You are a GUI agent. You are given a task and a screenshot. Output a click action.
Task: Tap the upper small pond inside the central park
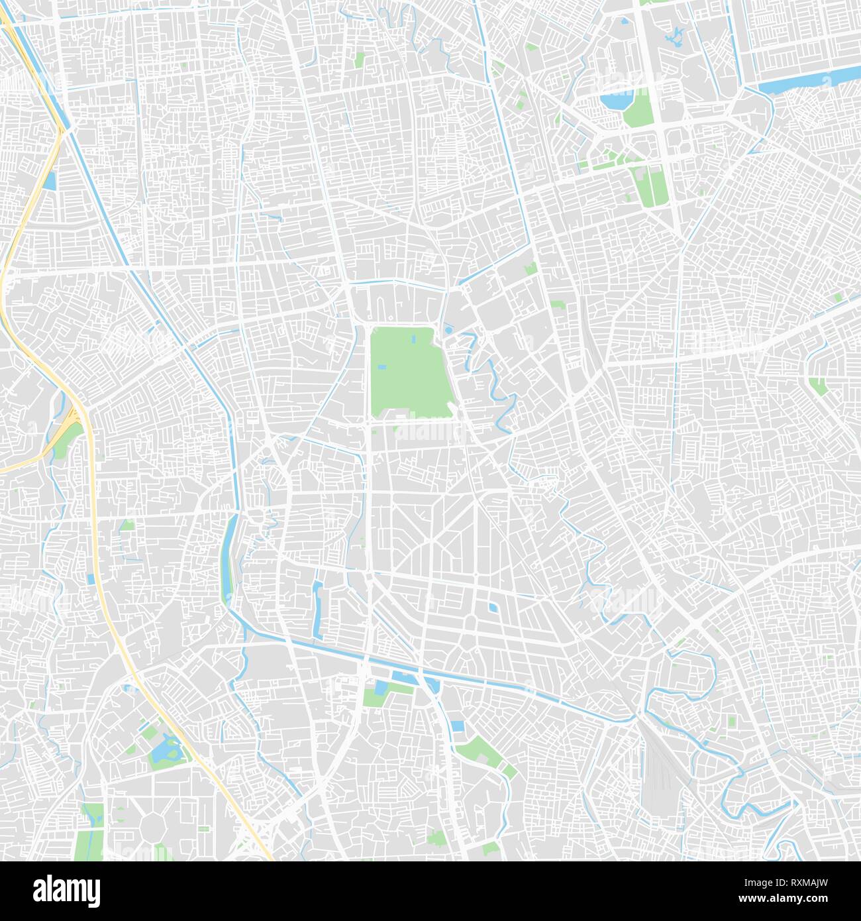(x=413, y=339)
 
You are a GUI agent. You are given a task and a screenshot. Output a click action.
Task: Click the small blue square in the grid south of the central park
(x=492, y=608)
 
